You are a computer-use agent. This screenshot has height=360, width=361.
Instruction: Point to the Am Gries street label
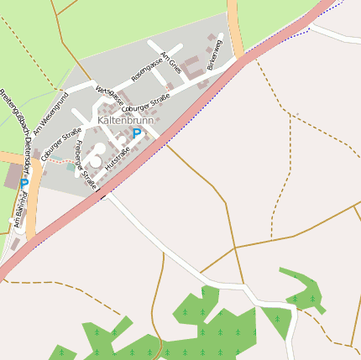tap(171, 61)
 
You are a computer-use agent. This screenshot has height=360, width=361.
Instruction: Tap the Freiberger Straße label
tap(86, 158)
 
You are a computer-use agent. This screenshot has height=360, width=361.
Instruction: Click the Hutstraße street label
tap(118, 160)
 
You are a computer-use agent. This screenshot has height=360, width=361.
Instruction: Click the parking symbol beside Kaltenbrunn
tap(137, 133)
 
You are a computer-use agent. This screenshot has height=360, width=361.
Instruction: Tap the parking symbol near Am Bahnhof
tap(24, 183)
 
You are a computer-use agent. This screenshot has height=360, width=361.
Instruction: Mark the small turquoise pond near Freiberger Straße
tap(70, 166)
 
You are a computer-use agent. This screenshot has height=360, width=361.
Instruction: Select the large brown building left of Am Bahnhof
tap(13, 176)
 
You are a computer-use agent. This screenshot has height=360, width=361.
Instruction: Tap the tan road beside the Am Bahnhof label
tap(33, 210)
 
